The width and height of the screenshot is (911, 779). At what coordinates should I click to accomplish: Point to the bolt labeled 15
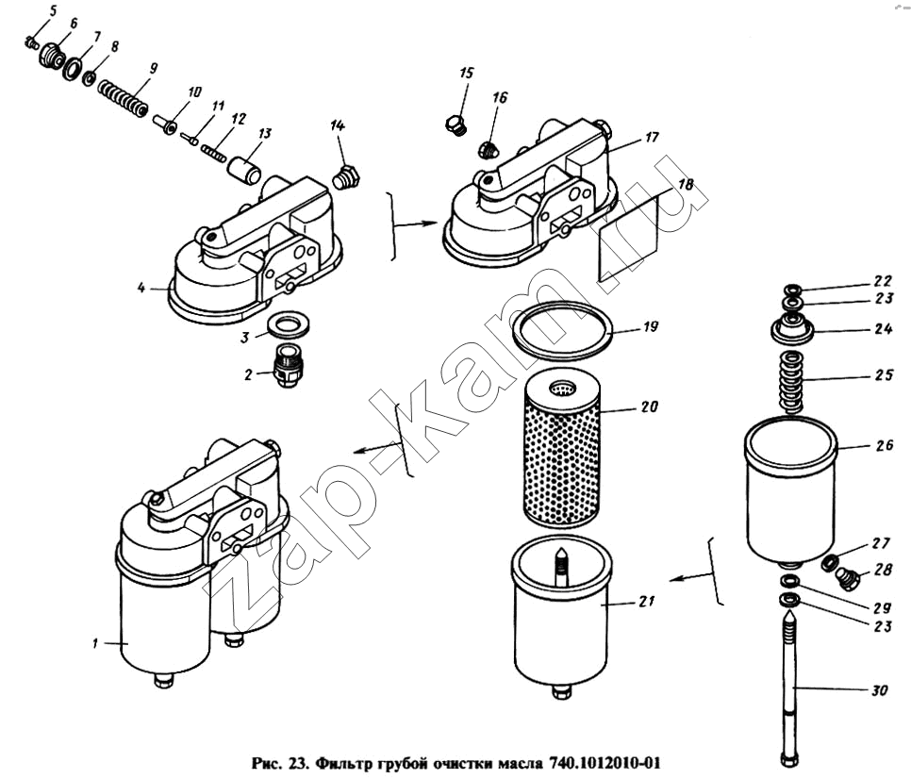(455, 124)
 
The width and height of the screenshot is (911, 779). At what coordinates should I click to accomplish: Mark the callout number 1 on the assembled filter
(95, 644)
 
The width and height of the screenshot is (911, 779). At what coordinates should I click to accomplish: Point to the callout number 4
(141, 287)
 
